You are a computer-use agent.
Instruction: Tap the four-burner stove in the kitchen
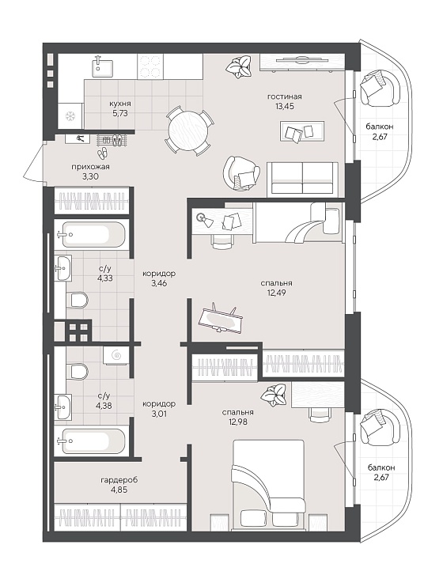coord(150,66)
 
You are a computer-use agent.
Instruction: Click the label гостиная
coord(285,96)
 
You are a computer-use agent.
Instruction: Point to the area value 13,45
coord(285,106)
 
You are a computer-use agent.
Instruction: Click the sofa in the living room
coord(302,177)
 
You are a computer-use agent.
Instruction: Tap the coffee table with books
coord(302,131)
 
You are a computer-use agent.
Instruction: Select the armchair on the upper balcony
coord(380,88)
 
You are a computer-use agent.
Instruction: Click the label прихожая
coord(90,167)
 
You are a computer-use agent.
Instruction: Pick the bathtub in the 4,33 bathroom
coord(91,234)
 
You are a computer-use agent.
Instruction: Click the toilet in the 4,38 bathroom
coord(78,371)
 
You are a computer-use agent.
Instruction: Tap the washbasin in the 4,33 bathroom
coord(63,268)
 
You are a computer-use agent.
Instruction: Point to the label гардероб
coord(119,480)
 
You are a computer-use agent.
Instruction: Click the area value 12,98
coord(237,422)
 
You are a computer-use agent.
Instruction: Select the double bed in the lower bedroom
coord(268,485)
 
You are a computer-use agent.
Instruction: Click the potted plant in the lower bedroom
coord(274,395)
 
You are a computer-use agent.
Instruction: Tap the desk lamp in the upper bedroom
coord(203,219)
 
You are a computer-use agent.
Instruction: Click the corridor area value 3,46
coord(159,283)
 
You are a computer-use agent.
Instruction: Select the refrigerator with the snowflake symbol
coord(70,116)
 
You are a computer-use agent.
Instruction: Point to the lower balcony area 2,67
coord(381,478)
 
